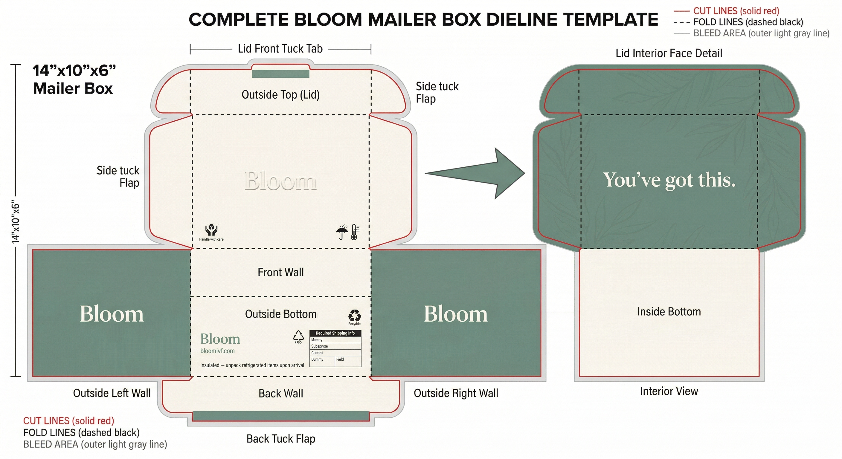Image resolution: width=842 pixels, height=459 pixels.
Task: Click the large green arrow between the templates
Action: (484, 173)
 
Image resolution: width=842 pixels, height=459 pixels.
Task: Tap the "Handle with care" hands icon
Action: (211, 230)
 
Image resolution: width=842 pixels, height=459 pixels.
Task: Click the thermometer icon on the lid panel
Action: (354, 232)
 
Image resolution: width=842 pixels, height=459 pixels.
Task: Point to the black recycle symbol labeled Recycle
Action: (354, 316)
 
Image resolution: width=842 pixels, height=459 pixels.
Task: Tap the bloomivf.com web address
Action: (217, 351)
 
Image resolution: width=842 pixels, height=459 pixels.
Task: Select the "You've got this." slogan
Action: (669, 180)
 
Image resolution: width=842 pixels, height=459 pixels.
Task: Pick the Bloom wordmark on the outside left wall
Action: (112, 314)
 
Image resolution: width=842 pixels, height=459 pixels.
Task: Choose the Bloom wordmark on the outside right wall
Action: (456, 314)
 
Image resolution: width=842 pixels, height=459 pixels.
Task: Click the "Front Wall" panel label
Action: (280, 272)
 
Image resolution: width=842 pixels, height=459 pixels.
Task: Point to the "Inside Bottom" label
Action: (669, 312)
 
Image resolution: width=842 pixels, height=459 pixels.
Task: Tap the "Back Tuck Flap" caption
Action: (281, 439)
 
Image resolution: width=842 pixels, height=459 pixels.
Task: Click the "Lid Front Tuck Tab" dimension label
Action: (280, 49)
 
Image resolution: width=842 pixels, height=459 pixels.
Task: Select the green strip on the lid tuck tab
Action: (280, 74)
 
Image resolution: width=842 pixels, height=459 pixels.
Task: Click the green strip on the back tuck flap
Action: (281, 416)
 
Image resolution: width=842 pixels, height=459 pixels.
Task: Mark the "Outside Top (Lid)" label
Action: (280, 95)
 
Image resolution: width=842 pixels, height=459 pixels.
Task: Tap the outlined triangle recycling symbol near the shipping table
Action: (298, 336)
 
